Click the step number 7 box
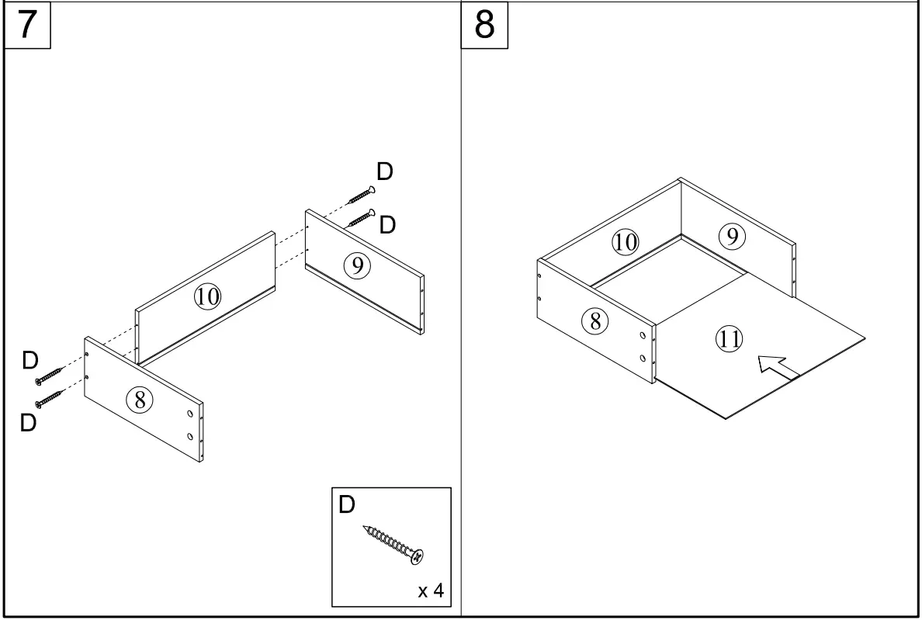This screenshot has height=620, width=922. (27, 25)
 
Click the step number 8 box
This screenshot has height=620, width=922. (484, 25)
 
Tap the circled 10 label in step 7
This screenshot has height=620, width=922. (207, 296)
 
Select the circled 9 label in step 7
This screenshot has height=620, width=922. (357, 266)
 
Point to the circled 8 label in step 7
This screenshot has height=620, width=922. (140, 400)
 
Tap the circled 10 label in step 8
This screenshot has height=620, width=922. (625, 242)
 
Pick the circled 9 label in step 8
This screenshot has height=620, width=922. (731, 236)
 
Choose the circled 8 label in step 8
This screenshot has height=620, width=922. (595, 320)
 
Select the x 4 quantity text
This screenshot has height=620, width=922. (431, 591)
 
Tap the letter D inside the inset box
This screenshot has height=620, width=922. (347, 505)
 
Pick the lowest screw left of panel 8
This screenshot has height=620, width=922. (50, 400)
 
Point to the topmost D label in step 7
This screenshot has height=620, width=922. (384, 171)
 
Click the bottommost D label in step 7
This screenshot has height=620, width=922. (29, 424)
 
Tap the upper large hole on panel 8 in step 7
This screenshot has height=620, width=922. (190, 415)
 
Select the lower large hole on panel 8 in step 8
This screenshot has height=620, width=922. (643, 358)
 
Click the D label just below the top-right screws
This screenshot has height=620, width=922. (387, 225)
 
